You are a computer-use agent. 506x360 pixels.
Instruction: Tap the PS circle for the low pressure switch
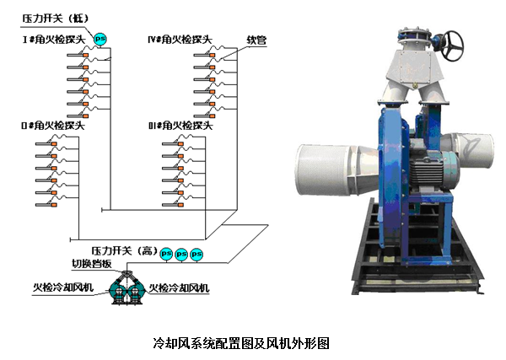click(x=100, y=37)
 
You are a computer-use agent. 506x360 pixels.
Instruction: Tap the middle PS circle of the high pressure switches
click(x=181, y=252)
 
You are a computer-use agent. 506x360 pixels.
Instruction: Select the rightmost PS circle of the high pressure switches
click(x=196, y=252)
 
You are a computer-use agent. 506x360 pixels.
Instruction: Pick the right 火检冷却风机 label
click(x=180, y=288)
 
